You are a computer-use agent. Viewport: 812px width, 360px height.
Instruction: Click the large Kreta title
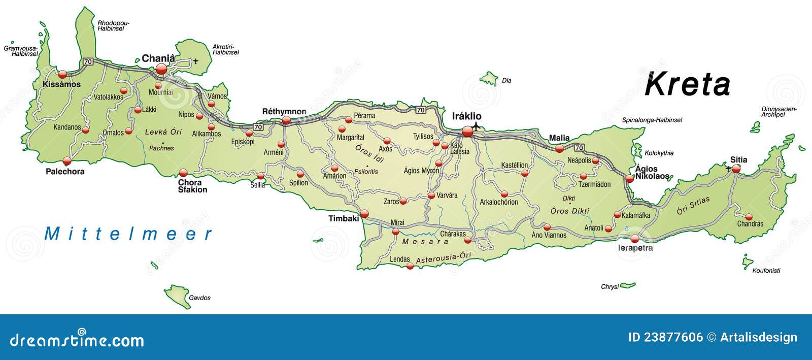coord(687,84)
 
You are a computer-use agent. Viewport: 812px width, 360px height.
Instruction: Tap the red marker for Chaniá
coord(161,69)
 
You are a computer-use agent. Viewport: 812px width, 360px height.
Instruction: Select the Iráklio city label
coord(466,116)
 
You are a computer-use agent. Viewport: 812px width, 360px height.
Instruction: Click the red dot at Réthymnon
coord(286,120)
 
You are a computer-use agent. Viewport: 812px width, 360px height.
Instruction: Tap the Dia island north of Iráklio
coord(490,79)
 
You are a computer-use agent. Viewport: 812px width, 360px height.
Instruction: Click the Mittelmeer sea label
coord(128,234)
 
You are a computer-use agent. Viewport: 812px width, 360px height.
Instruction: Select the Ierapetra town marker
coord(635,239)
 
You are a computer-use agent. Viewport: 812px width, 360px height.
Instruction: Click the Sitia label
coord(738,159)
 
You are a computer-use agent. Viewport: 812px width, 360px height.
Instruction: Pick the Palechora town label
coord(65,172)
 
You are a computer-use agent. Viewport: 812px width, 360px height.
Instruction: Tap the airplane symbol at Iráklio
coord(476,125)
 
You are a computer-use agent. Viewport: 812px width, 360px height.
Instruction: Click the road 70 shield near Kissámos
coord(88,61)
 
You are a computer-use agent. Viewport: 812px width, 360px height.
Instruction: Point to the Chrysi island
coord(628,285)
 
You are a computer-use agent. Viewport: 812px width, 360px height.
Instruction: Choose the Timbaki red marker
coord(364,214)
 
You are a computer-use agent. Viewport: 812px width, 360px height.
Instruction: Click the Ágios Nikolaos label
coord(652,173)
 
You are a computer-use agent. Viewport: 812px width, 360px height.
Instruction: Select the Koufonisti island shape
coord(747,263)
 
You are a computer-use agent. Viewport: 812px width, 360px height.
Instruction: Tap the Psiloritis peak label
coord(366,172)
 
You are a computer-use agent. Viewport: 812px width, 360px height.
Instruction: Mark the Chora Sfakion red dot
coord(183,173)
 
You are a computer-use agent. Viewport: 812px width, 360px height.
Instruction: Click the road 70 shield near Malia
coord(579,148)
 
